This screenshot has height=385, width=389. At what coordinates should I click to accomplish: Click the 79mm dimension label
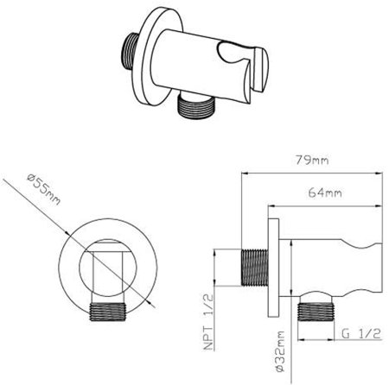(x=312, y=160)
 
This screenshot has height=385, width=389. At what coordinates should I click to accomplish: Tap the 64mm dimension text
(x=325, y=192)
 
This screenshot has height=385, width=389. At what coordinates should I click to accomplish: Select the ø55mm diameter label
(x=44, y=189)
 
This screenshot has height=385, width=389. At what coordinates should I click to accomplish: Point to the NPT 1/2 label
(x=208, y=322)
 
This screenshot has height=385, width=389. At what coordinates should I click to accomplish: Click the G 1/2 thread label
(x=361, y=333)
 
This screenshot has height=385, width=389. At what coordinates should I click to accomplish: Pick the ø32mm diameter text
(x=280, y=351)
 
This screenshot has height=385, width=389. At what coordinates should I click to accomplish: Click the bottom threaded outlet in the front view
(x=108, y=312)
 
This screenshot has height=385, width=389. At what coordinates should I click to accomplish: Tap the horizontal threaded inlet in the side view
(x=254, y=268)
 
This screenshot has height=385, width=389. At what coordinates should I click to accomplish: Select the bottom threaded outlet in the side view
(x=316, y=312)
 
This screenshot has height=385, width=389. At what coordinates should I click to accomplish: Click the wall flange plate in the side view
(x=273, y=268)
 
